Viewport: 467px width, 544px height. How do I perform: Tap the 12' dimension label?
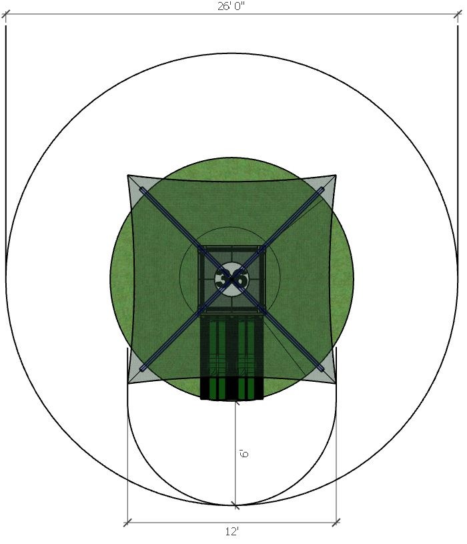232,531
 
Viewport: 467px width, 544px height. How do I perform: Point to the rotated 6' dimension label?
244,453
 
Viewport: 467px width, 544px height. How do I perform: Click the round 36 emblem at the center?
231,279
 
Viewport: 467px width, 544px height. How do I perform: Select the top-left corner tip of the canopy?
128,175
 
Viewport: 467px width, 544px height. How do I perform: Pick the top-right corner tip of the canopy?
336,176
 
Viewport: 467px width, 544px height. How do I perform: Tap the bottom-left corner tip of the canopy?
128,383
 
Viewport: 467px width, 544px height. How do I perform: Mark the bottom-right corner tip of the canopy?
336,383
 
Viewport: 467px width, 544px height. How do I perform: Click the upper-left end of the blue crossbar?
141,190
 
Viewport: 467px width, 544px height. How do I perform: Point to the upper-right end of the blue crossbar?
322,190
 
